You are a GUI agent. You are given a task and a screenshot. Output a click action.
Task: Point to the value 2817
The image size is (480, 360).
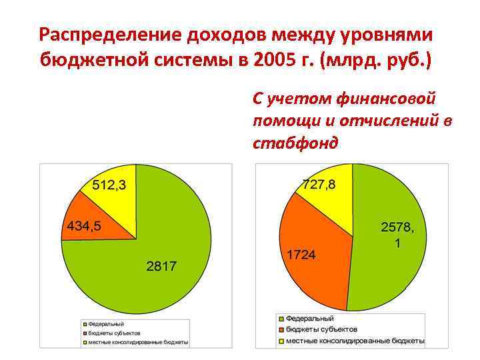[x=161, y=266]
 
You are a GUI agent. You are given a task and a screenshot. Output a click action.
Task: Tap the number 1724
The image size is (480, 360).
[x=301, y=255]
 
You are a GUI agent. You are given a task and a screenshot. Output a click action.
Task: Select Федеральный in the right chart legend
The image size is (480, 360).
[x=310, y=319]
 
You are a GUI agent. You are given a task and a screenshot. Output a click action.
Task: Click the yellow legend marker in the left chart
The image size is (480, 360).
[x=84, y=343]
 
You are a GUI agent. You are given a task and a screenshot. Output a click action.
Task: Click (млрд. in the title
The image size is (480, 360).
[x=353, y=61]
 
